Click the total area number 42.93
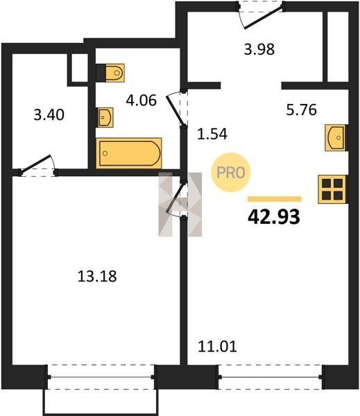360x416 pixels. coord(274,217)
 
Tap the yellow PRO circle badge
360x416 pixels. coord(231,173)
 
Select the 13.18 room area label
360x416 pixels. coord(97,276)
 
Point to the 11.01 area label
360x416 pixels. coord(217,347)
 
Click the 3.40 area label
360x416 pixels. coord(49,115)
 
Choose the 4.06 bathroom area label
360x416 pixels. coord(142,101)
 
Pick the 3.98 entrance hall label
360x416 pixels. coord(259,49)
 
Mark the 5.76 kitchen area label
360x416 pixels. coord(301,110)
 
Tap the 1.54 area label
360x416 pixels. coord(212,134)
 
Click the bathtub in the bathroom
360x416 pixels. coord(129,153)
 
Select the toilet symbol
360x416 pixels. coord(110,72)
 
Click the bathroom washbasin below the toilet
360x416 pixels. coord(105,117)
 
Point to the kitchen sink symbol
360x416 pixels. coord(336,138)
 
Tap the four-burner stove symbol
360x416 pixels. coord(333,189)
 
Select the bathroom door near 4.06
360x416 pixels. coord(177,108)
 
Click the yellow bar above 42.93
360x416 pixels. coord(275,199)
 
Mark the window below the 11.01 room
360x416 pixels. coord(271,377)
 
